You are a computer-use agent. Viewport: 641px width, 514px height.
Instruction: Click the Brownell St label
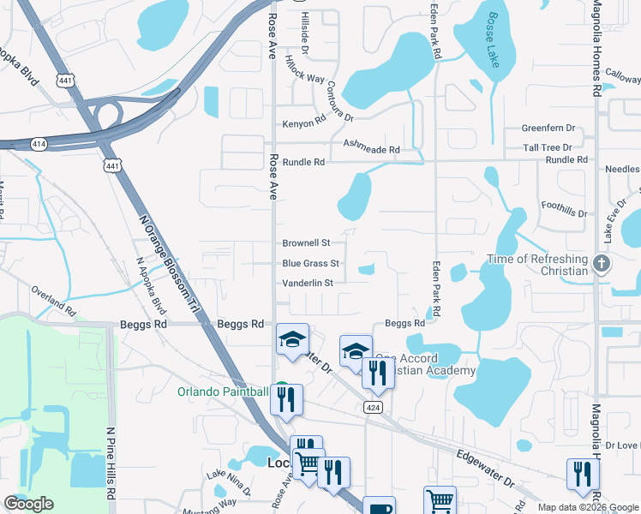[x=306, y=243]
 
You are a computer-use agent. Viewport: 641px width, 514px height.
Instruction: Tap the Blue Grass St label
[x=310, y=263]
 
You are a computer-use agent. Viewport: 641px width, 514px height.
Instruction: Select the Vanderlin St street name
[x=313, y=282]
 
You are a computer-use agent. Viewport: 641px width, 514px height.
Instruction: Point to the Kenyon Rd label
[x=304, y=123]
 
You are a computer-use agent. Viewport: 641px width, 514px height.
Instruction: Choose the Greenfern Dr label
[x=548, y=128]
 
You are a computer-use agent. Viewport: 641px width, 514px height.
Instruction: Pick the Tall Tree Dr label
[x=548, y=147]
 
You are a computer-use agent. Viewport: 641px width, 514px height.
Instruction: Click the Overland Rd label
[x=53, y=299]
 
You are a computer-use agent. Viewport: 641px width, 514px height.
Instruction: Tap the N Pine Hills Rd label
[x=109, y=465]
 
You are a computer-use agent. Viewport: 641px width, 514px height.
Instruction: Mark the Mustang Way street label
[x=213, y=505]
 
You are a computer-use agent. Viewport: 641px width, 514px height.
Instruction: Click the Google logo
[x=28, y=504]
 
